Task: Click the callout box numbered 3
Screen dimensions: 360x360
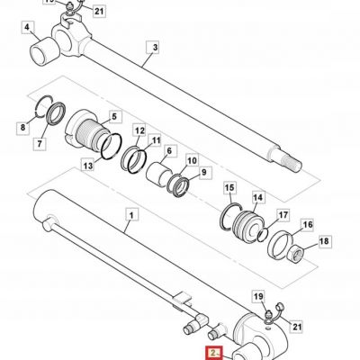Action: point(155,48)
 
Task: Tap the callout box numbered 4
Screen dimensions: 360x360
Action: point(27,28)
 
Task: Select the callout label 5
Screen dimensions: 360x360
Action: point(114,116)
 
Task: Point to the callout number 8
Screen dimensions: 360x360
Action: point(23,128)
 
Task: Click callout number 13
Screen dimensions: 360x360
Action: point(88,166)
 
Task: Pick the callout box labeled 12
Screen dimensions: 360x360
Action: point(139,131)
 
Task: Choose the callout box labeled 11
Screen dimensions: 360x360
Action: point(156,140)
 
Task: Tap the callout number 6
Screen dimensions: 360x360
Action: point(169,151)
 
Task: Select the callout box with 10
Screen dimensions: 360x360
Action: point(193,161)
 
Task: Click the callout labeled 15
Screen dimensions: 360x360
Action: point(229,188)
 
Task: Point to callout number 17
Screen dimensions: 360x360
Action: point(283,215)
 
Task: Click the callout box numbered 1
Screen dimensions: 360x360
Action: point(131,215)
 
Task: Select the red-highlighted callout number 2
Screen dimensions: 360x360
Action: point(213,353)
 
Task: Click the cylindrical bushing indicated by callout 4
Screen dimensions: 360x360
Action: point(45,50)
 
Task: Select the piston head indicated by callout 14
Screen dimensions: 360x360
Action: point(247,226)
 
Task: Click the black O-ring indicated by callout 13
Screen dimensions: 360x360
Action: point(112,146)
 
